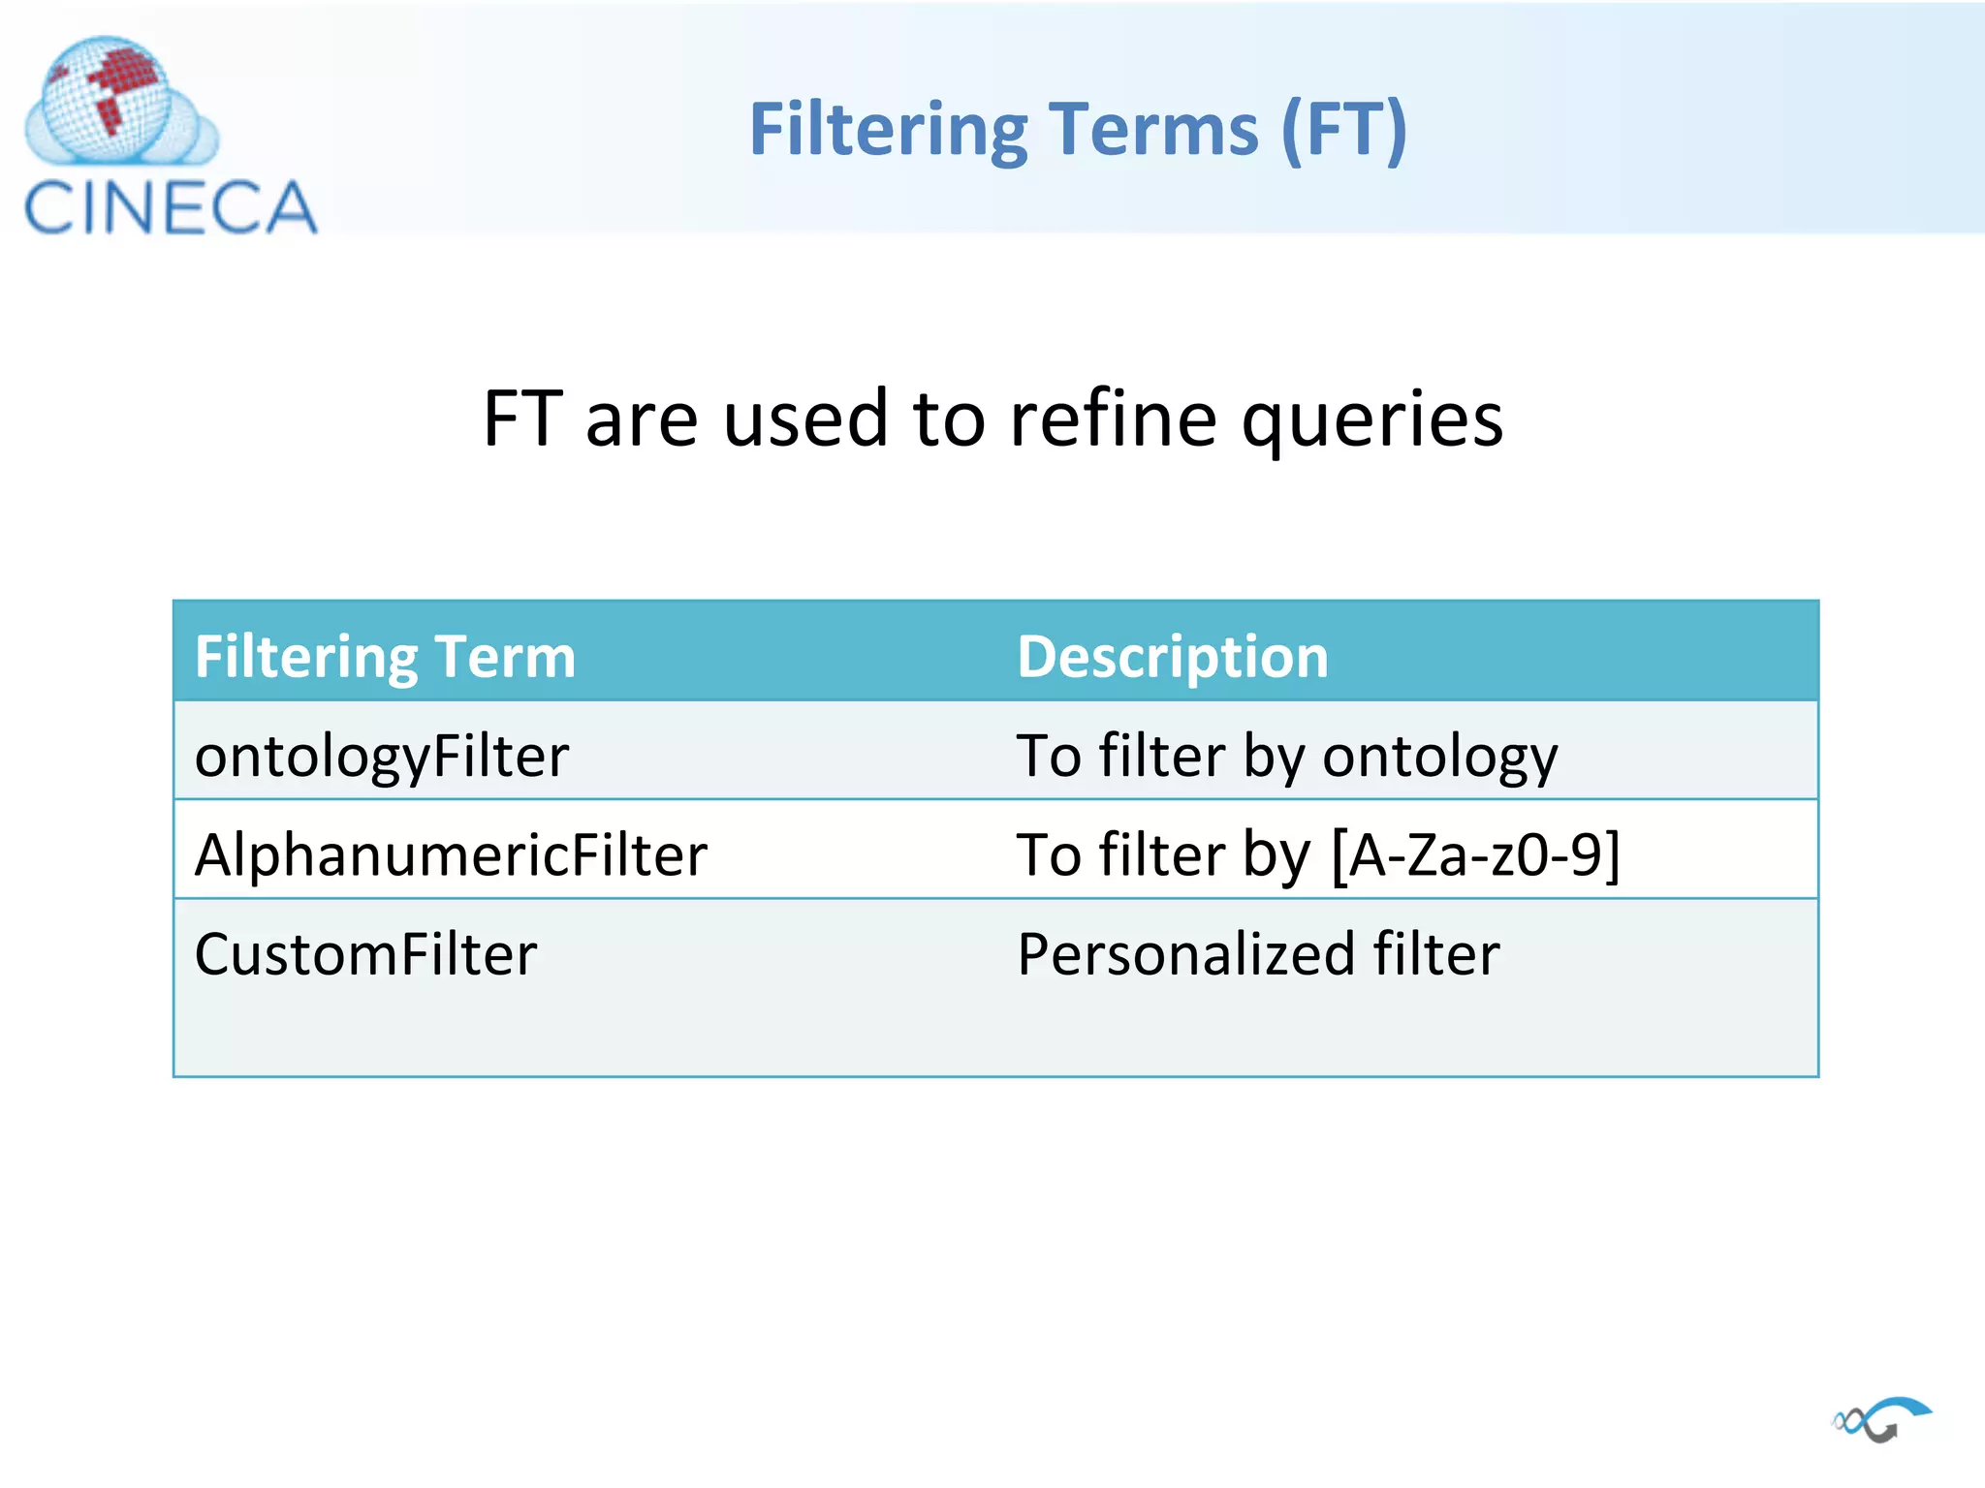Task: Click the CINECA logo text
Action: pyautogui.click(x=171, y=207)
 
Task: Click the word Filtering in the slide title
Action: pyautogui.click(x=888, y=131)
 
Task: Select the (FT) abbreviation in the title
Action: pyautogui.click(x=1343, y=131)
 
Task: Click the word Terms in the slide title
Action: pyautogui.click(x=1153, y=131)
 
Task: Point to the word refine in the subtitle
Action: pyautogui.click(x=1113, y=418)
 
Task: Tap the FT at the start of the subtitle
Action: pyautogui.click(x=522, y=418)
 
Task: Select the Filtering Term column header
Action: pyautogui.click(x=385, y=657)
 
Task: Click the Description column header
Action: pyautogui.click(x=1172, y=657)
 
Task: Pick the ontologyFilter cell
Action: pyautogui.click(x=381, y=756)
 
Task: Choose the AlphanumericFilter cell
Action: pyautogui.click(x=451, y=855)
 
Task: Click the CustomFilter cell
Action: pyautogui.click(x=365, y=954)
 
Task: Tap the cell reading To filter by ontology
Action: pyautogui.click(x=1286, y=756)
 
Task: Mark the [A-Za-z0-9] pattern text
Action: pyautogui.click(x=1475, y=855)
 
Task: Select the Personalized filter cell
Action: pyautogui.click(x=1258, y=954)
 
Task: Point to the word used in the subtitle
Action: pyautogui.click(x=804, y=418)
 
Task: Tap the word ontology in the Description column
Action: pyautogui.click(x=1439, y=758)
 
